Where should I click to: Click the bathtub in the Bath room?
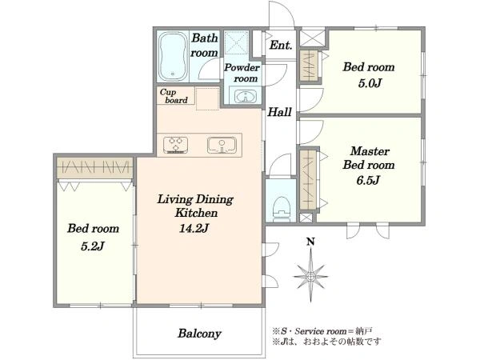[174, 56]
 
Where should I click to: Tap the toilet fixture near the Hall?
[281, 209]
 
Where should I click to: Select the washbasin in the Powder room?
[246, 97]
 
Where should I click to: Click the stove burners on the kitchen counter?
[175, 145]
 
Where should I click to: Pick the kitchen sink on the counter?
[222, 145]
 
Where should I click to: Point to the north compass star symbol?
[311, 275]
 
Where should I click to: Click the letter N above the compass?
[310, 242]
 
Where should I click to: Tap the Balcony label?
[199, 334]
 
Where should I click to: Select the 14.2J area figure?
[194, 228]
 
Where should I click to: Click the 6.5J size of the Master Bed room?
[368, 180]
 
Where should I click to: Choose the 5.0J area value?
[370, 82]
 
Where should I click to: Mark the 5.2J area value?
[93, 246]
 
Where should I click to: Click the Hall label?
[279, 112]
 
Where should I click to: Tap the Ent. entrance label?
[281, 46]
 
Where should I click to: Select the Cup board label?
[174, 96]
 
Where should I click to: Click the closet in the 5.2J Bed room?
[95, 168]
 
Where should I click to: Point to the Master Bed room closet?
[308, 180]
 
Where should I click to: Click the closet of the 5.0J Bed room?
[309, 66]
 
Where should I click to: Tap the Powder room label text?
[242, 73]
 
